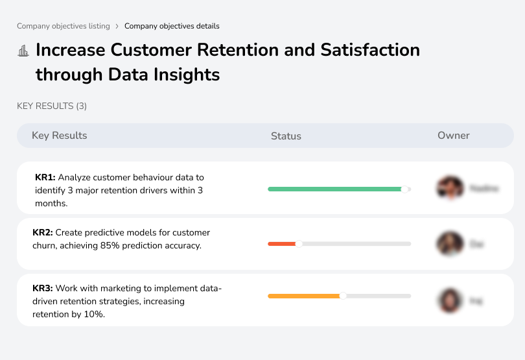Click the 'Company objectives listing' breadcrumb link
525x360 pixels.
coord(63,27)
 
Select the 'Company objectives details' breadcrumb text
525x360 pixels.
coord(172,27)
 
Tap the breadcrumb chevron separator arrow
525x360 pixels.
coord(117,27)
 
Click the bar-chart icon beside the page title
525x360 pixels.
coord(23,51)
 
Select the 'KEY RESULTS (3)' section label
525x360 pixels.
coord(52,106)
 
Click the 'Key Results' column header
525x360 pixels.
coord(60,136)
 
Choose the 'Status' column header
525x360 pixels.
coord(286,136)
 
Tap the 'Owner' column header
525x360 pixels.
coord(453,136)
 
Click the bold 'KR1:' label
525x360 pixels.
coord(45,177)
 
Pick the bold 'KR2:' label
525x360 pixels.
coord(43,233)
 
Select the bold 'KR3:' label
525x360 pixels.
coord(43,289)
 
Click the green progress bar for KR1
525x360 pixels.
coord(334,189)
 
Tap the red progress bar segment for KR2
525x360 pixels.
coord(281,244)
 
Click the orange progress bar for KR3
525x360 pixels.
coord(303,296)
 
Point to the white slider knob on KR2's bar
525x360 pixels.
coord(299,244)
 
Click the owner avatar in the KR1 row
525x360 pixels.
coord(450,188)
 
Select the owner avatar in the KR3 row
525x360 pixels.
coord(450,300)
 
